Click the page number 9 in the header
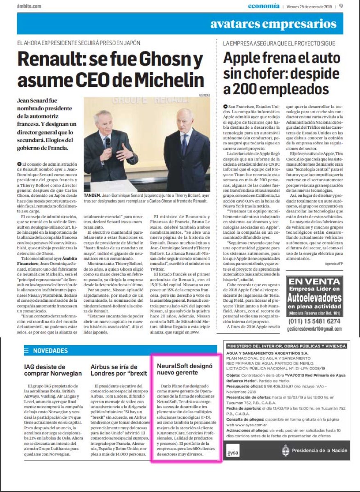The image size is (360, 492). (x=341, y=6)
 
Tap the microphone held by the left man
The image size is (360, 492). (x=108, y=142)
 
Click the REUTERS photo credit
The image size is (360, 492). (x=204, y=96)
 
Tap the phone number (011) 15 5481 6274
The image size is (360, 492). (x=314, y=321)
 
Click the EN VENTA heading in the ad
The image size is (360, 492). (x=314, y=282)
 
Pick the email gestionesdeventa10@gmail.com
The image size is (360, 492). (x=314, y=329)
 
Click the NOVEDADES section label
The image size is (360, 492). (x=50, y=351)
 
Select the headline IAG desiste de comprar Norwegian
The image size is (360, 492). (x=50, y=370)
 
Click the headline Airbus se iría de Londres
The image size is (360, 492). (x=117, y=370)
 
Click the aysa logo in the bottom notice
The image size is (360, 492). (x=233, y=452)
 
